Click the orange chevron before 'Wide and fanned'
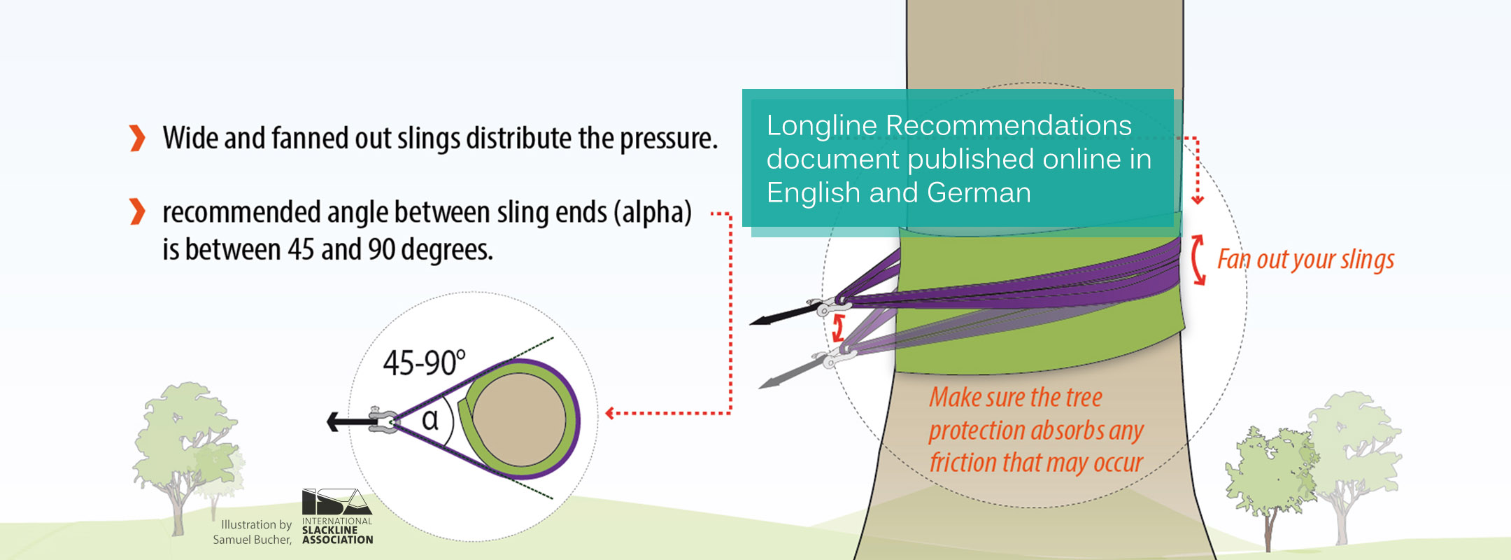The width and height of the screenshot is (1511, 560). [x=138, y=138]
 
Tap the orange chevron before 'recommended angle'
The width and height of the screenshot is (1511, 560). [x=138, y=211]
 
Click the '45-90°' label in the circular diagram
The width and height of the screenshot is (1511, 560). [x=424, y=363]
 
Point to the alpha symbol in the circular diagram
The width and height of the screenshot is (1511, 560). [x=431, y=419]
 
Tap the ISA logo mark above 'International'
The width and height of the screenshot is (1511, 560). [x=336, y=501]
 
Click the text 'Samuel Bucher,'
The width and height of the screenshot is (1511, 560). [x=253, y=540]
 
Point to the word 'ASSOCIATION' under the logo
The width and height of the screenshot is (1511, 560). [x=338, y=540]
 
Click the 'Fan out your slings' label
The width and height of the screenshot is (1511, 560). [x=1305, y=260]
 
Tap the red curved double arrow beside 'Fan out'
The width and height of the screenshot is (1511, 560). [x=1198, y=260]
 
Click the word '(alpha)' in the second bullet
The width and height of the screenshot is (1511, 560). [x=653, y=213]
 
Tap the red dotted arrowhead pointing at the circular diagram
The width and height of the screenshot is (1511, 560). [x=610, y=414]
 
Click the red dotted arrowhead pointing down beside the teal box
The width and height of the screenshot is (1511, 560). [x=1198, y=199]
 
